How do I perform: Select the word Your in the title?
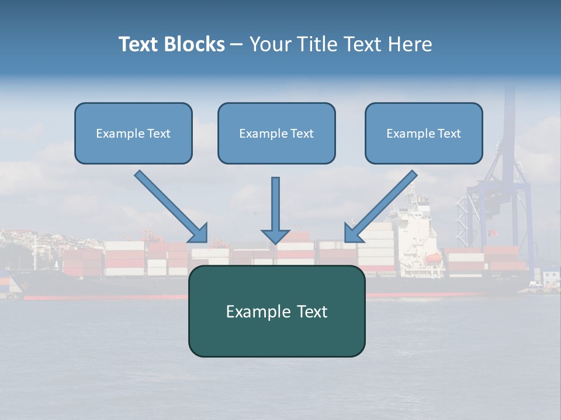click(x=271, y=44)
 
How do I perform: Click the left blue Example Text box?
click(x=133, y=133)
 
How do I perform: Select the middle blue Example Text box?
click(x=276, y=133)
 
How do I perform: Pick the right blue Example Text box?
click(x=424, y=133)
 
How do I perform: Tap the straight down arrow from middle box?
click(x=275, y=211)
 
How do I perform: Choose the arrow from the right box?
click(x=380, y=206)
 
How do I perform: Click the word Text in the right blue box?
click(x=449, y=134)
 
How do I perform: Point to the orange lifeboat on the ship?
click(x=432, y=258)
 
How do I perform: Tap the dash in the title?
click(x=237, y=44)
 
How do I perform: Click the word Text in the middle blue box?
click(x=302, y=134)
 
